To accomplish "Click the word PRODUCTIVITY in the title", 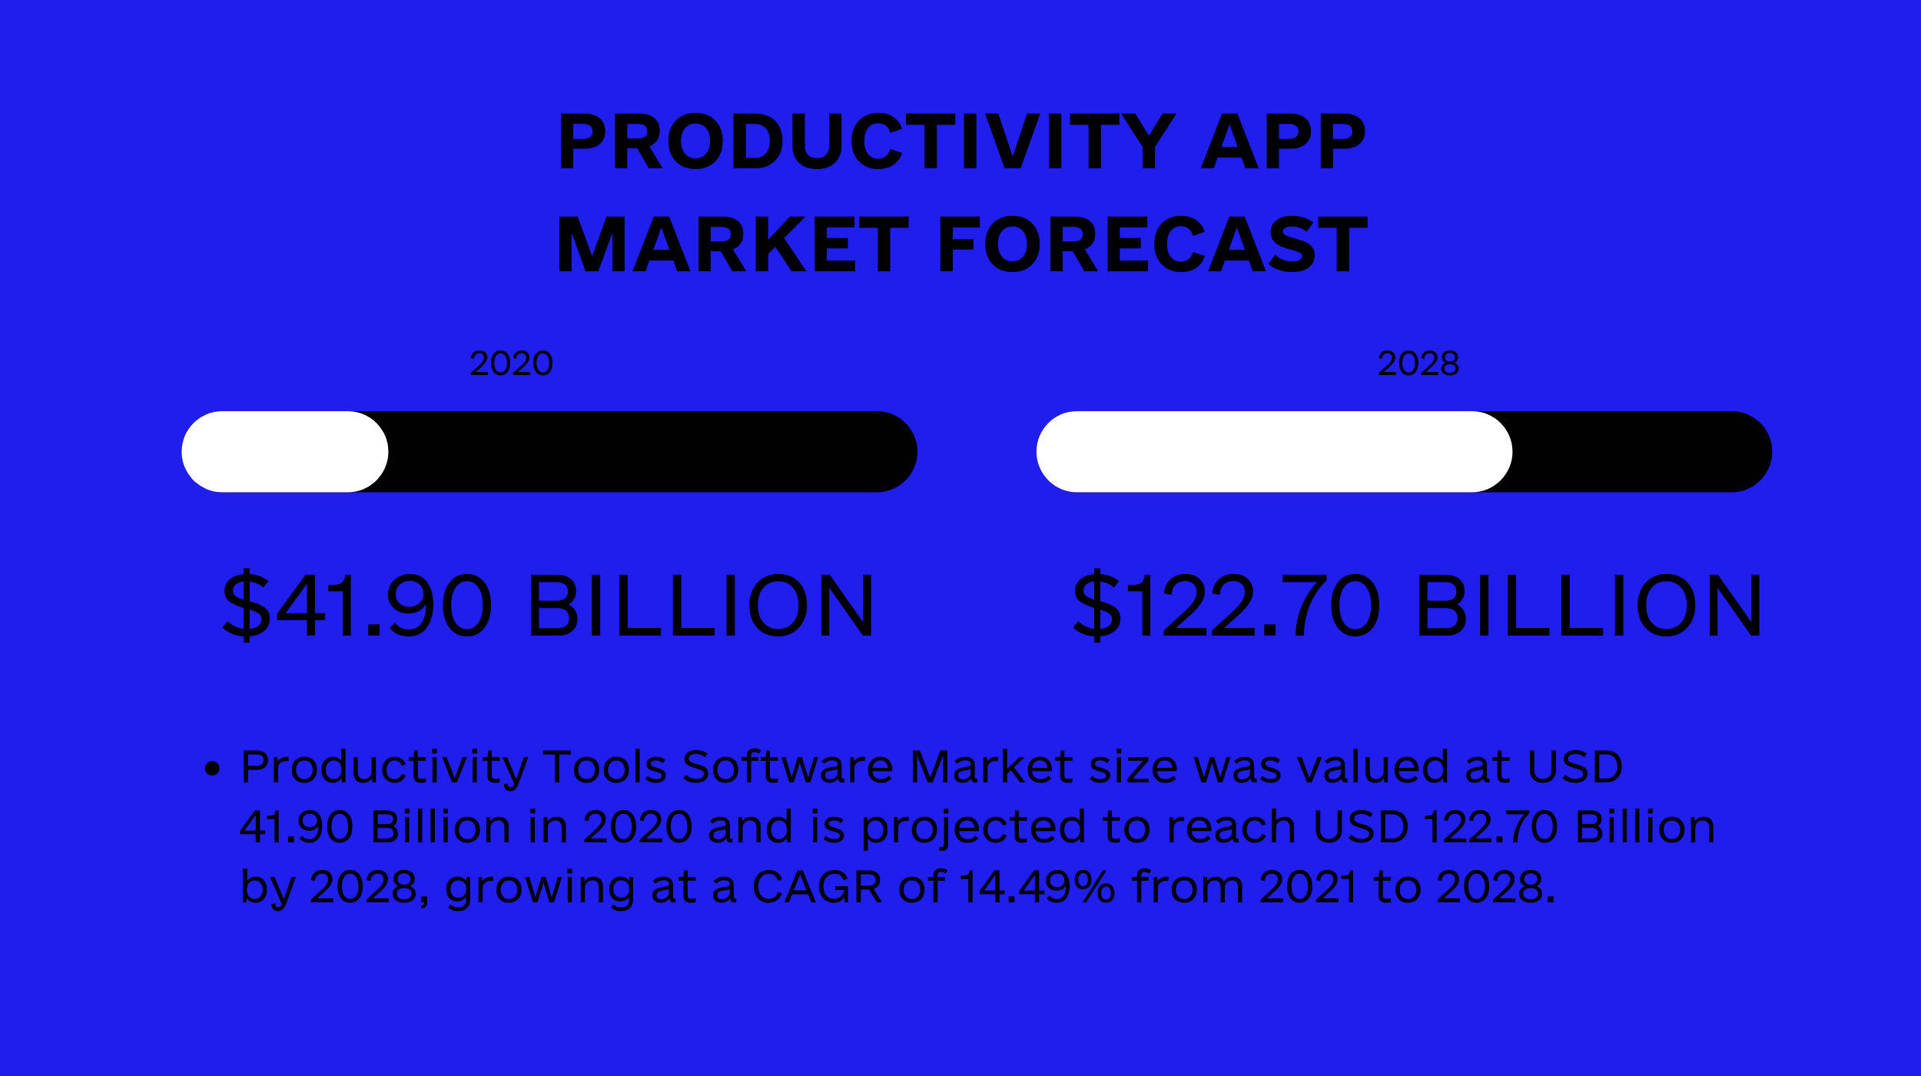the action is click(867, 141).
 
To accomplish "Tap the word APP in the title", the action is click(1283, 141).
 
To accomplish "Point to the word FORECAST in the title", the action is click(1153, 244).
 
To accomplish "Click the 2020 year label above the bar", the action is click(511, 364).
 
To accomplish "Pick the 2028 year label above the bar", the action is click(1418, 364).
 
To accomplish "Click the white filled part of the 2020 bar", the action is click(285, 452).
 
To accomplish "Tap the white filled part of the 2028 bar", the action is click(1274, 452).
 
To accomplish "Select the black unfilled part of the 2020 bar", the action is click(653, 452).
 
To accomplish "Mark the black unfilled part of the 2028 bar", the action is click(1643, 452).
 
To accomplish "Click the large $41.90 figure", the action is click(357, 605).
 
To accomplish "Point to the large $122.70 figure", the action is click(1227, 605).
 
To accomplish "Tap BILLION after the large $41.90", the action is click(702, 605).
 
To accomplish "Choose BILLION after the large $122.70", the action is click(1589, 605).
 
